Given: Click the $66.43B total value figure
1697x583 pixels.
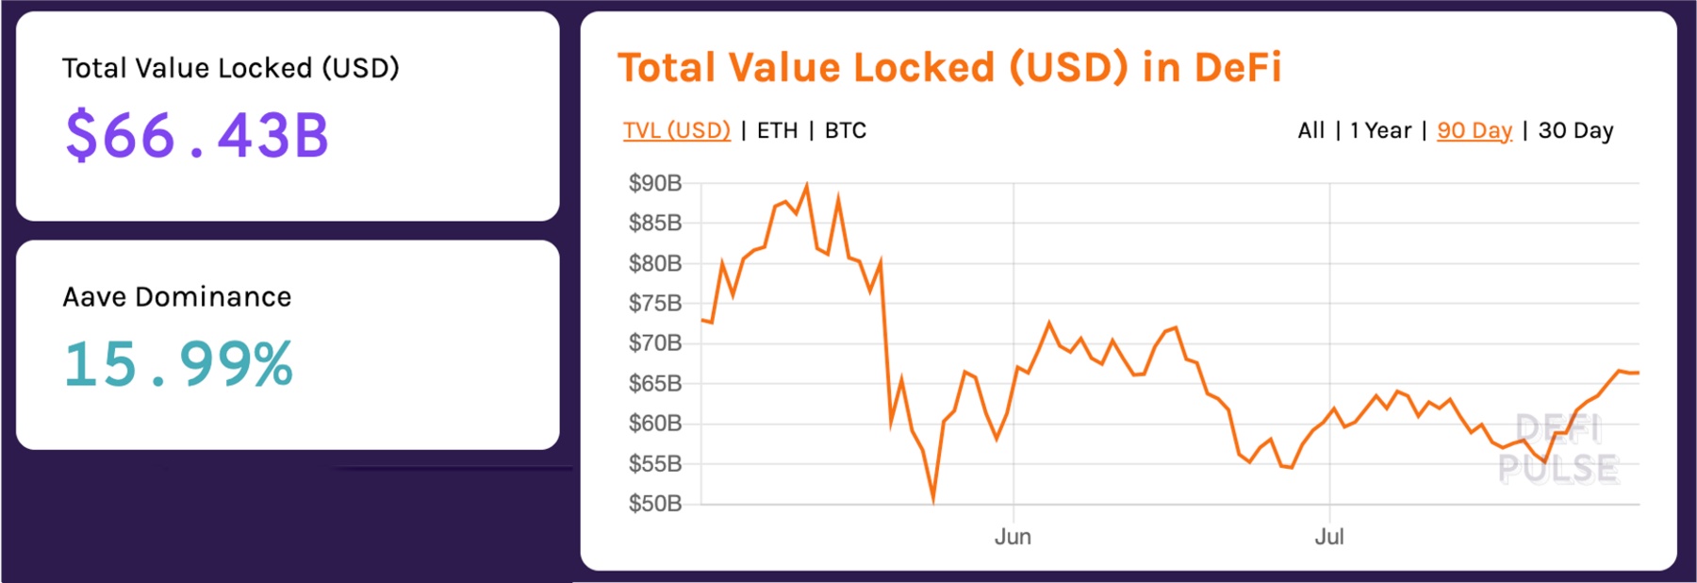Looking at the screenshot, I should [x=197, y=135].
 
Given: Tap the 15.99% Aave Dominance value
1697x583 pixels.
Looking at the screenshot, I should [x=178, y=364].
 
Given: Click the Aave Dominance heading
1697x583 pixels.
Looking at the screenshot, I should [x=177, y=297].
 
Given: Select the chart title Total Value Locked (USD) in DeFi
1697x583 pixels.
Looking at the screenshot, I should [x=948, y=68].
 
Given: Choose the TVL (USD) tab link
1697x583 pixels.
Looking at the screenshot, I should [x=676, y=130].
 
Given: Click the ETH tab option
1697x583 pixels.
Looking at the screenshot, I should [x=777, y=130].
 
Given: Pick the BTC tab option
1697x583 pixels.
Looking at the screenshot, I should [x=845, y=130].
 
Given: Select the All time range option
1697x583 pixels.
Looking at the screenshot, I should [x=1310, y=130].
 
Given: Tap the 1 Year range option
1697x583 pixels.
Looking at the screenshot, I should [x=1380, y=130].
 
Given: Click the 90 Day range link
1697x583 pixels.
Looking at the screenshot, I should [x=1474, y=130].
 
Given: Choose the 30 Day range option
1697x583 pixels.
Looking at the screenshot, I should [x=1575, y=130].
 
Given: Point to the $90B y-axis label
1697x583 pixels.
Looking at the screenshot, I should [x=655, y=183].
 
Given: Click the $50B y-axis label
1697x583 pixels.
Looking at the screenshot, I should [x=655, y=504].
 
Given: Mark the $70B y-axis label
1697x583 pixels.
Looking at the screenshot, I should [x=655, y=343].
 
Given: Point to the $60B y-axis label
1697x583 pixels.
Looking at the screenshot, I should [x=655, y=424].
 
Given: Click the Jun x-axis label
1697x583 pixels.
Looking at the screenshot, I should [x=1013, y=537].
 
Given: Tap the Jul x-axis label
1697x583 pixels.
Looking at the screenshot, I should [x=1329, y=537].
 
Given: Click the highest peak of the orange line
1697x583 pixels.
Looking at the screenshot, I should [x=806, y=186].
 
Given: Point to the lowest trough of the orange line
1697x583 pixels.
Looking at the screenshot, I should [x=933, y=500].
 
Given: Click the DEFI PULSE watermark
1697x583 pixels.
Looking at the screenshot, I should [x=1558, y=449].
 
